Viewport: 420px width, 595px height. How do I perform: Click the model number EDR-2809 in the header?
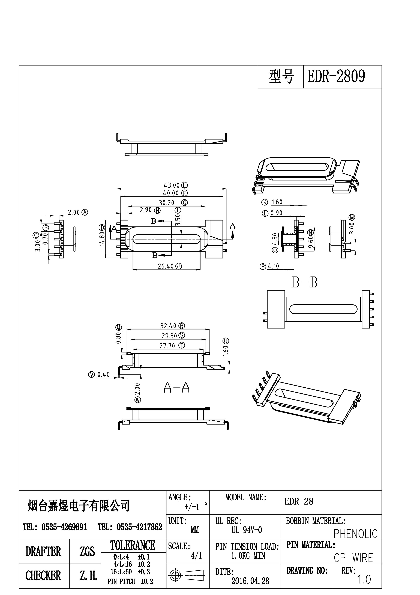pos(336,76)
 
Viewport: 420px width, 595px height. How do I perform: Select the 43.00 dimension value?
pos(171,185)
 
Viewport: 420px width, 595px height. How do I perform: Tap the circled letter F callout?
pos(184,193)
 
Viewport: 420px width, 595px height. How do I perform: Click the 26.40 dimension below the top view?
pos(166,266)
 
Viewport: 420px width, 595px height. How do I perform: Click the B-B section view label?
pos(305,283)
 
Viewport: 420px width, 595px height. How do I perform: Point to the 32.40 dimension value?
pos(168,326)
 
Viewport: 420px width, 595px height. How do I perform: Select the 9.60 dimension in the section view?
pos(311,241)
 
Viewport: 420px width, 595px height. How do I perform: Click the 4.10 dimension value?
pos(273,266)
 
